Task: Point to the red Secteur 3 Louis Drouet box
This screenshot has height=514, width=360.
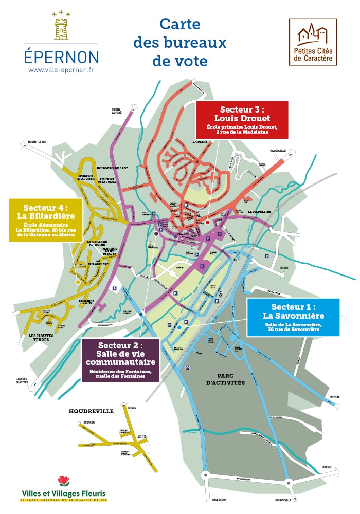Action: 242,119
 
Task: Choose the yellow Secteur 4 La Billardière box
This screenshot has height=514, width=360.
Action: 46,220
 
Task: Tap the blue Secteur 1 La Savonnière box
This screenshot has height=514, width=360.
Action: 293,317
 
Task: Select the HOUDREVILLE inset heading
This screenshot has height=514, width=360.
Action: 91,411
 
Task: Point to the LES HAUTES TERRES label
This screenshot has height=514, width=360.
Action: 35,338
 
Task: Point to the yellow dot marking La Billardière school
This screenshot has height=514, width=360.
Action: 78,282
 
